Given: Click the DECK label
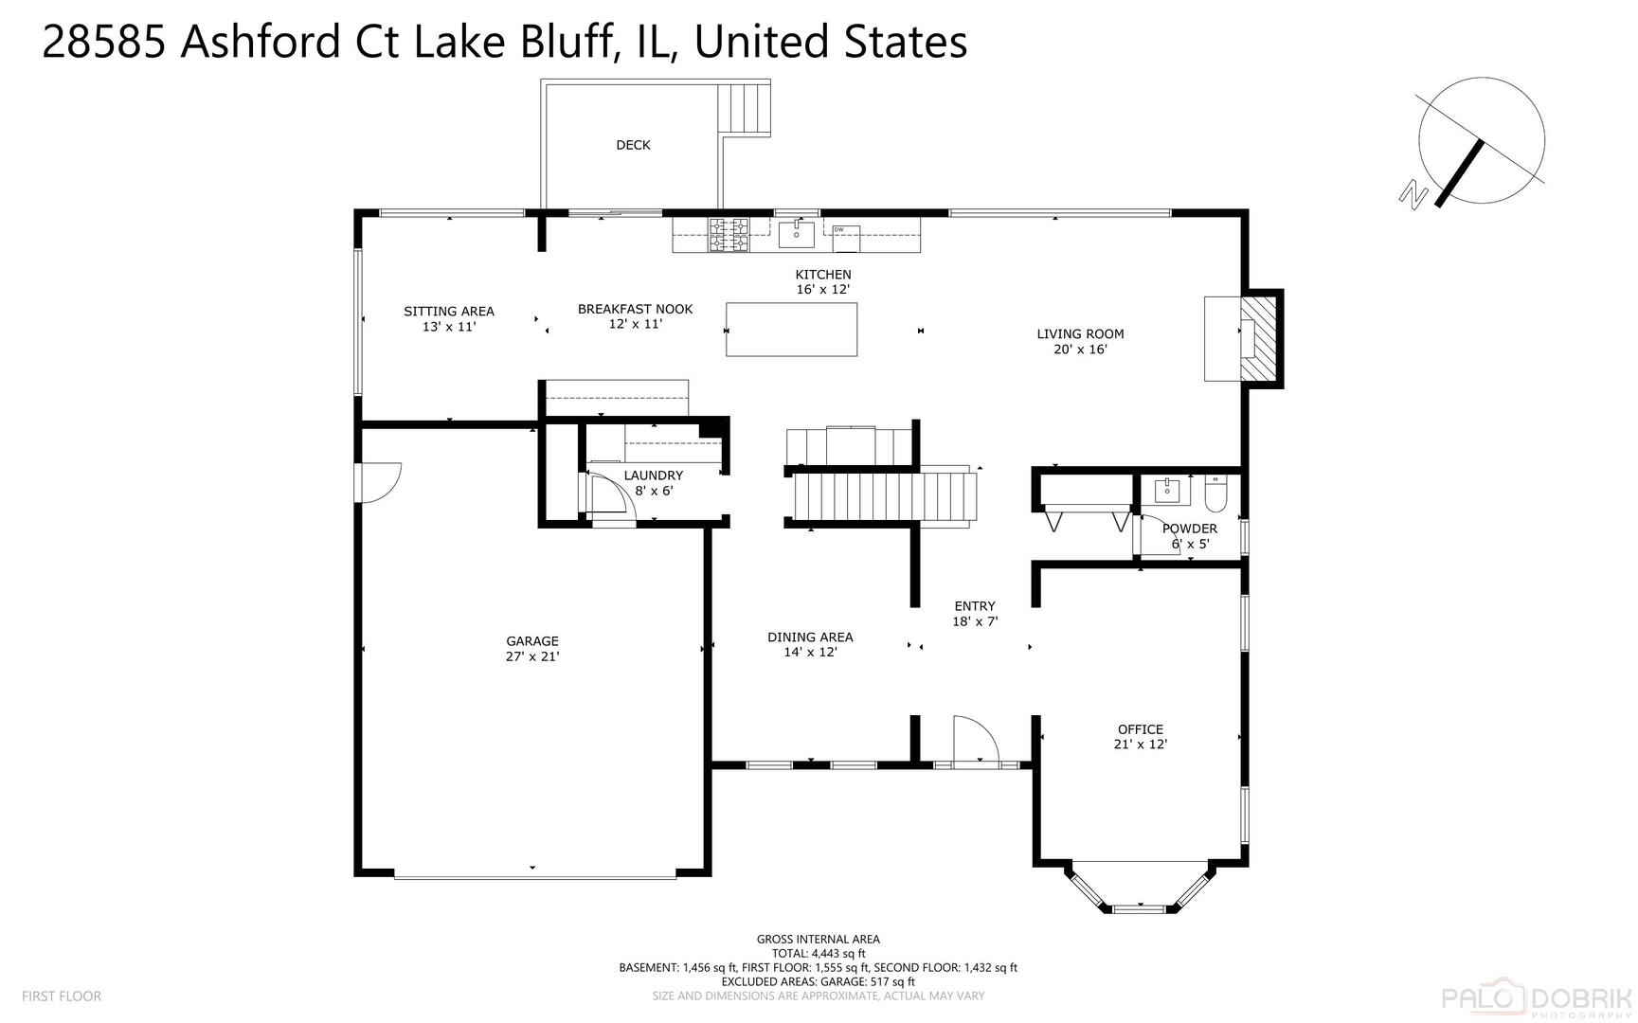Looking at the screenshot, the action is coord(633,145).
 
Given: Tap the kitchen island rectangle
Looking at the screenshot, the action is coord(791,330).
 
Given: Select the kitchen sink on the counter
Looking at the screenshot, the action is coord(796,233).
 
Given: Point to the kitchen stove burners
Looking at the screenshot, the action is coord(729,235).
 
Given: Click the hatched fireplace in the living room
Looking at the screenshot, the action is coord(1258,338).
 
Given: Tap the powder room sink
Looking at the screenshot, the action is coord(1172,491).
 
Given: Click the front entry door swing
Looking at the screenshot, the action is coord(975,739).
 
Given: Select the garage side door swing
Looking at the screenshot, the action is coord(378,481).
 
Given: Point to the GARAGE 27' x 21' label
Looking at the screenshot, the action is coord(532,649).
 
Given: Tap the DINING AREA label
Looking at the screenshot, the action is coord(810,637).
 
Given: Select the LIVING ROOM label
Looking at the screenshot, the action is coord(1080,333).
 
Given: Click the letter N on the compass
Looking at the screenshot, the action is coord(1413,195).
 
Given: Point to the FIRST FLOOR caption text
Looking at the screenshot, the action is coord(62,996).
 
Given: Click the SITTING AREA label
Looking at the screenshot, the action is coord(449,312).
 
